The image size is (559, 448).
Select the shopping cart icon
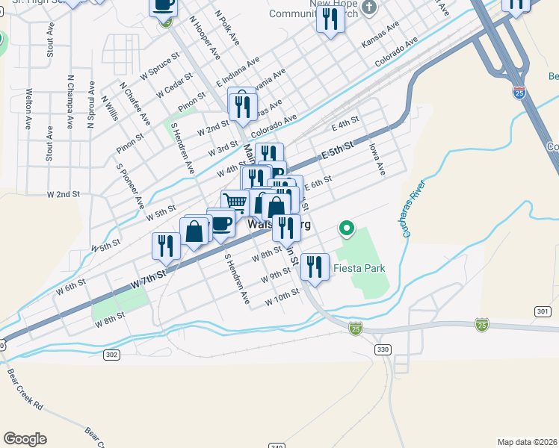click(235, 202)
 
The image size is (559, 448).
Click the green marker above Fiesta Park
click(347, 228)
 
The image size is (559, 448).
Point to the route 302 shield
click(111, 355)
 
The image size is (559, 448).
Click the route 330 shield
click(383, 349)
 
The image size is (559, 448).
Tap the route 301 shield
click(543, 311)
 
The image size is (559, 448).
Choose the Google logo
click(25, 439)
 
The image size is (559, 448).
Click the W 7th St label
click(146, 281)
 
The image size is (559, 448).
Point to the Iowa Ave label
click(377, 160)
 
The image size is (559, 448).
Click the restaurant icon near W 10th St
click(315, 267)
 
